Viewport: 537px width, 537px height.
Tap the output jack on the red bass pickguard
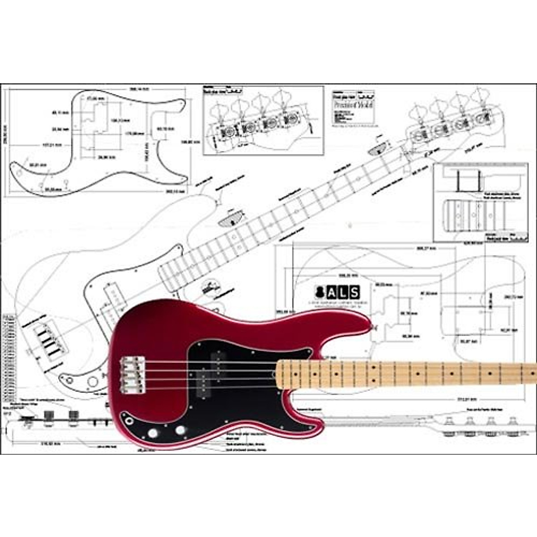[130, 421]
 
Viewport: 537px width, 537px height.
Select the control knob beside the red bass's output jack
[153, 433]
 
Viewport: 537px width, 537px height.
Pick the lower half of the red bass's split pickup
[204, 383]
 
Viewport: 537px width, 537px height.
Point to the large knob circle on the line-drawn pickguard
[93, 381]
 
